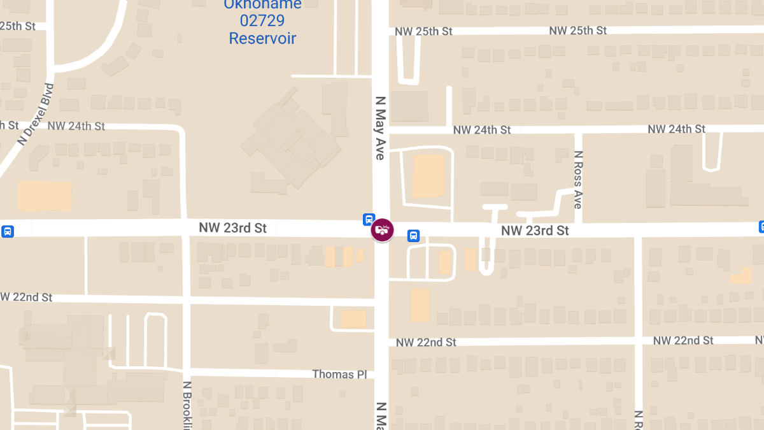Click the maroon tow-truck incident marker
tap(382, 229)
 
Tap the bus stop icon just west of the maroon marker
tap(369, 219)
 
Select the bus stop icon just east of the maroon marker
tap(413, 236)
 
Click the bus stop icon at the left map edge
tap(7, 231)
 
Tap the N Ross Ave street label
tap(578, 180)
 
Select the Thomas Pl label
tap(339, 375)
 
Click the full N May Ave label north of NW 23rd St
tap(381, 127)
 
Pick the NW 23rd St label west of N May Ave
tap(232, 228)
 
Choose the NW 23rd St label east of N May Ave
tap(535, 231)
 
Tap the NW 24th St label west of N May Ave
tap(76, 126)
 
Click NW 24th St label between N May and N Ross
tap(482, 130)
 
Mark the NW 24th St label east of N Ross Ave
tap(676, 129)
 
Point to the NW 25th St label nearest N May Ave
tap(423, 32)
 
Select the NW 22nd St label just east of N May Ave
tap(426, 343)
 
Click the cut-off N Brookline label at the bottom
tap(187, 405)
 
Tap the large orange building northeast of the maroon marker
tap(428, 176)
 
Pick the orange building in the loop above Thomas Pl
tap(353, 319)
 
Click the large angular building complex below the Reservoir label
tap(290, 143)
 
